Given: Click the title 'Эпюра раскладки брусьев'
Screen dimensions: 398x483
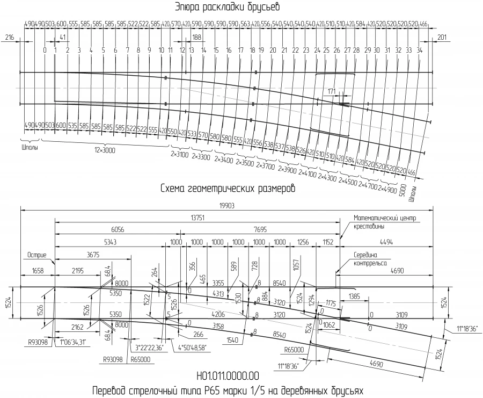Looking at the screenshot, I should [x=227, y=8].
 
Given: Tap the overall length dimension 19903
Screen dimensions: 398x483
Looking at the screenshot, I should [x=225, y=205].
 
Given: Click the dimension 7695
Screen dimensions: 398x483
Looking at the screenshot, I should [x=260, y=228].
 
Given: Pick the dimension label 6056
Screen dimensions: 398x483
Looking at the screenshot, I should [x=118, y=228].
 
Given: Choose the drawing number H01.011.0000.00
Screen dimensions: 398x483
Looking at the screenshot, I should [x=228, y=375].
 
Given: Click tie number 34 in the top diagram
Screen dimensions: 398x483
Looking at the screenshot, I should [x=419, y=50].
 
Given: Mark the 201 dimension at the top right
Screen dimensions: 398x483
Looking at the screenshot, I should [x=442, y=37].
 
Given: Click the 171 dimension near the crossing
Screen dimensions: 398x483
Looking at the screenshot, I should [x=331, y=91].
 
